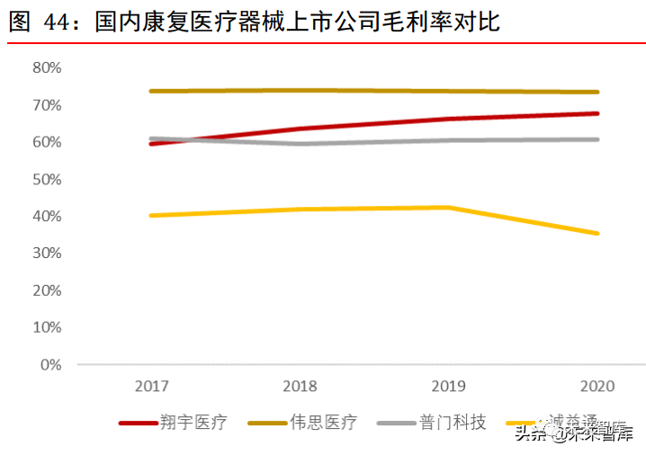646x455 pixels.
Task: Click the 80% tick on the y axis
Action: [46, 68]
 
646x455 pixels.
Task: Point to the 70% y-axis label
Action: [46, 105]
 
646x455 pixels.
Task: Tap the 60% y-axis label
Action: [46, 142]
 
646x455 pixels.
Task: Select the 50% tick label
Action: [46, 180]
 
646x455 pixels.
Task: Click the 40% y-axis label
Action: [46, 217]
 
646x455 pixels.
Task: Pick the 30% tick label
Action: [46, 254]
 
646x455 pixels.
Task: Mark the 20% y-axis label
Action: [46, 291]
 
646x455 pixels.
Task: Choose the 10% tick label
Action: [46, 328]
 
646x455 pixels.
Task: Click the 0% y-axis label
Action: [49, 365]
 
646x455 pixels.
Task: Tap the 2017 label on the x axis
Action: [152, 387]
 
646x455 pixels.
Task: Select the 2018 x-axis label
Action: [301, 387]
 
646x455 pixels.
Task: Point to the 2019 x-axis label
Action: [449, 387]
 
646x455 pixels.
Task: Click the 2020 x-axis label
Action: [597, 387]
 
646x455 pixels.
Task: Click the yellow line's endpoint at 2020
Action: [597, 234]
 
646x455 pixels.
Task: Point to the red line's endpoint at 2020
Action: [597, 113]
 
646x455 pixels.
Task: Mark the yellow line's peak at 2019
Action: [449, 208]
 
